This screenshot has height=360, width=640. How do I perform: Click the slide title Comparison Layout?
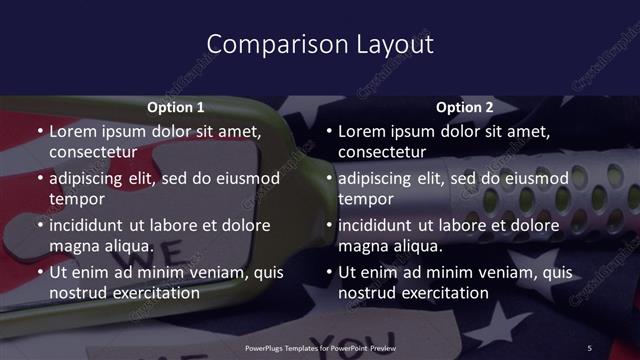[x=320, y=44]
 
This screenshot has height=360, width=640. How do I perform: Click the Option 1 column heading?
[x=176, y=106]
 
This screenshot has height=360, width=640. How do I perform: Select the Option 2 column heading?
[x=465, y=106]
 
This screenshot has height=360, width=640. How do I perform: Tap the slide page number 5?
[x=589, y=347]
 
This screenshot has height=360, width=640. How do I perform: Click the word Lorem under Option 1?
[x=74, y=131]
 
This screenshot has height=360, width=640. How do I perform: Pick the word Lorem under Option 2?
[x=363, y=131]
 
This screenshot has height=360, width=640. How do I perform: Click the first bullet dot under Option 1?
[x=39, y=132]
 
